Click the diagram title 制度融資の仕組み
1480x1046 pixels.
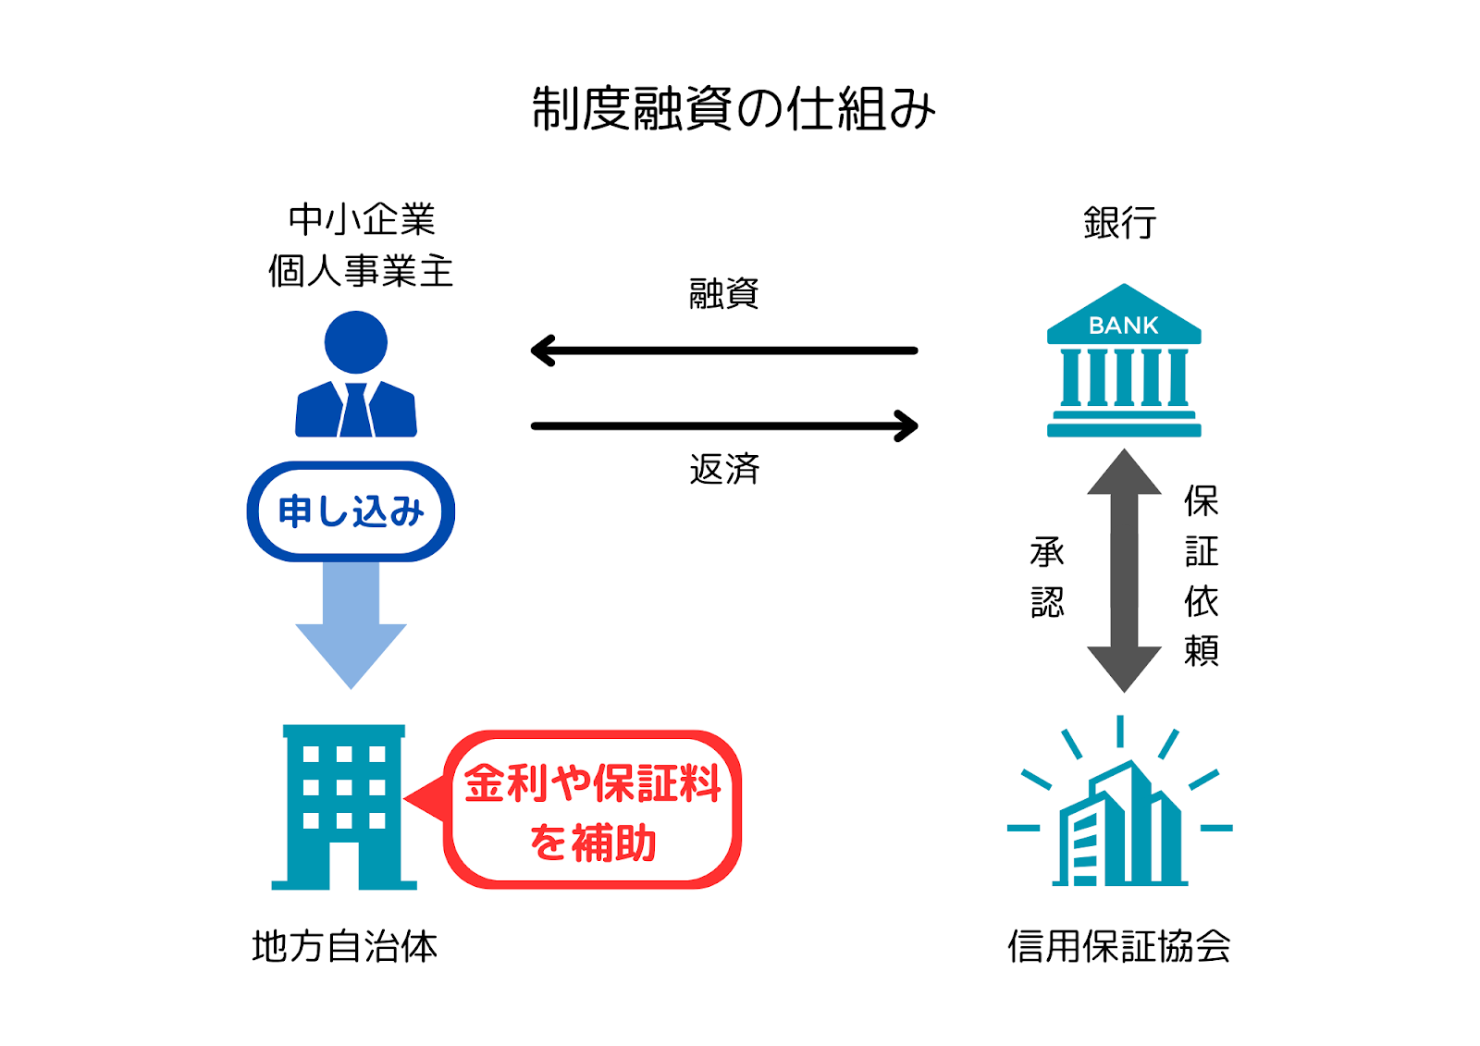734,109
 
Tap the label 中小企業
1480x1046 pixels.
362,220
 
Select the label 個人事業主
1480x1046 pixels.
361,272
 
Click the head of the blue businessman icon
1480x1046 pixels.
356,342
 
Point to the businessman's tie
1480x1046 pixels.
356,411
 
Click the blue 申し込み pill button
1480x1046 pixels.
351,511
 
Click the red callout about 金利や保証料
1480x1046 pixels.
593,811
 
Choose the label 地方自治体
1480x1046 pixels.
344,947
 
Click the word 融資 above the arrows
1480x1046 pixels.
724,294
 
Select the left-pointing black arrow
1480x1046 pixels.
723,351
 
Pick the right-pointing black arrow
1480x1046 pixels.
723,426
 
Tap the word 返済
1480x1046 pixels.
724,470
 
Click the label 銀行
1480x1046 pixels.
1120,223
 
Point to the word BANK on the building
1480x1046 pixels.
1123,326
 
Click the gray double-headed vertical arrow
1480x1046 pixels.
1124,571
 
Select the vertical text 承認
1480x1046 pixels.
1048,577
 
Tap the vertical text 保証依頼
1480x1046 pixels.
1201,575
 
